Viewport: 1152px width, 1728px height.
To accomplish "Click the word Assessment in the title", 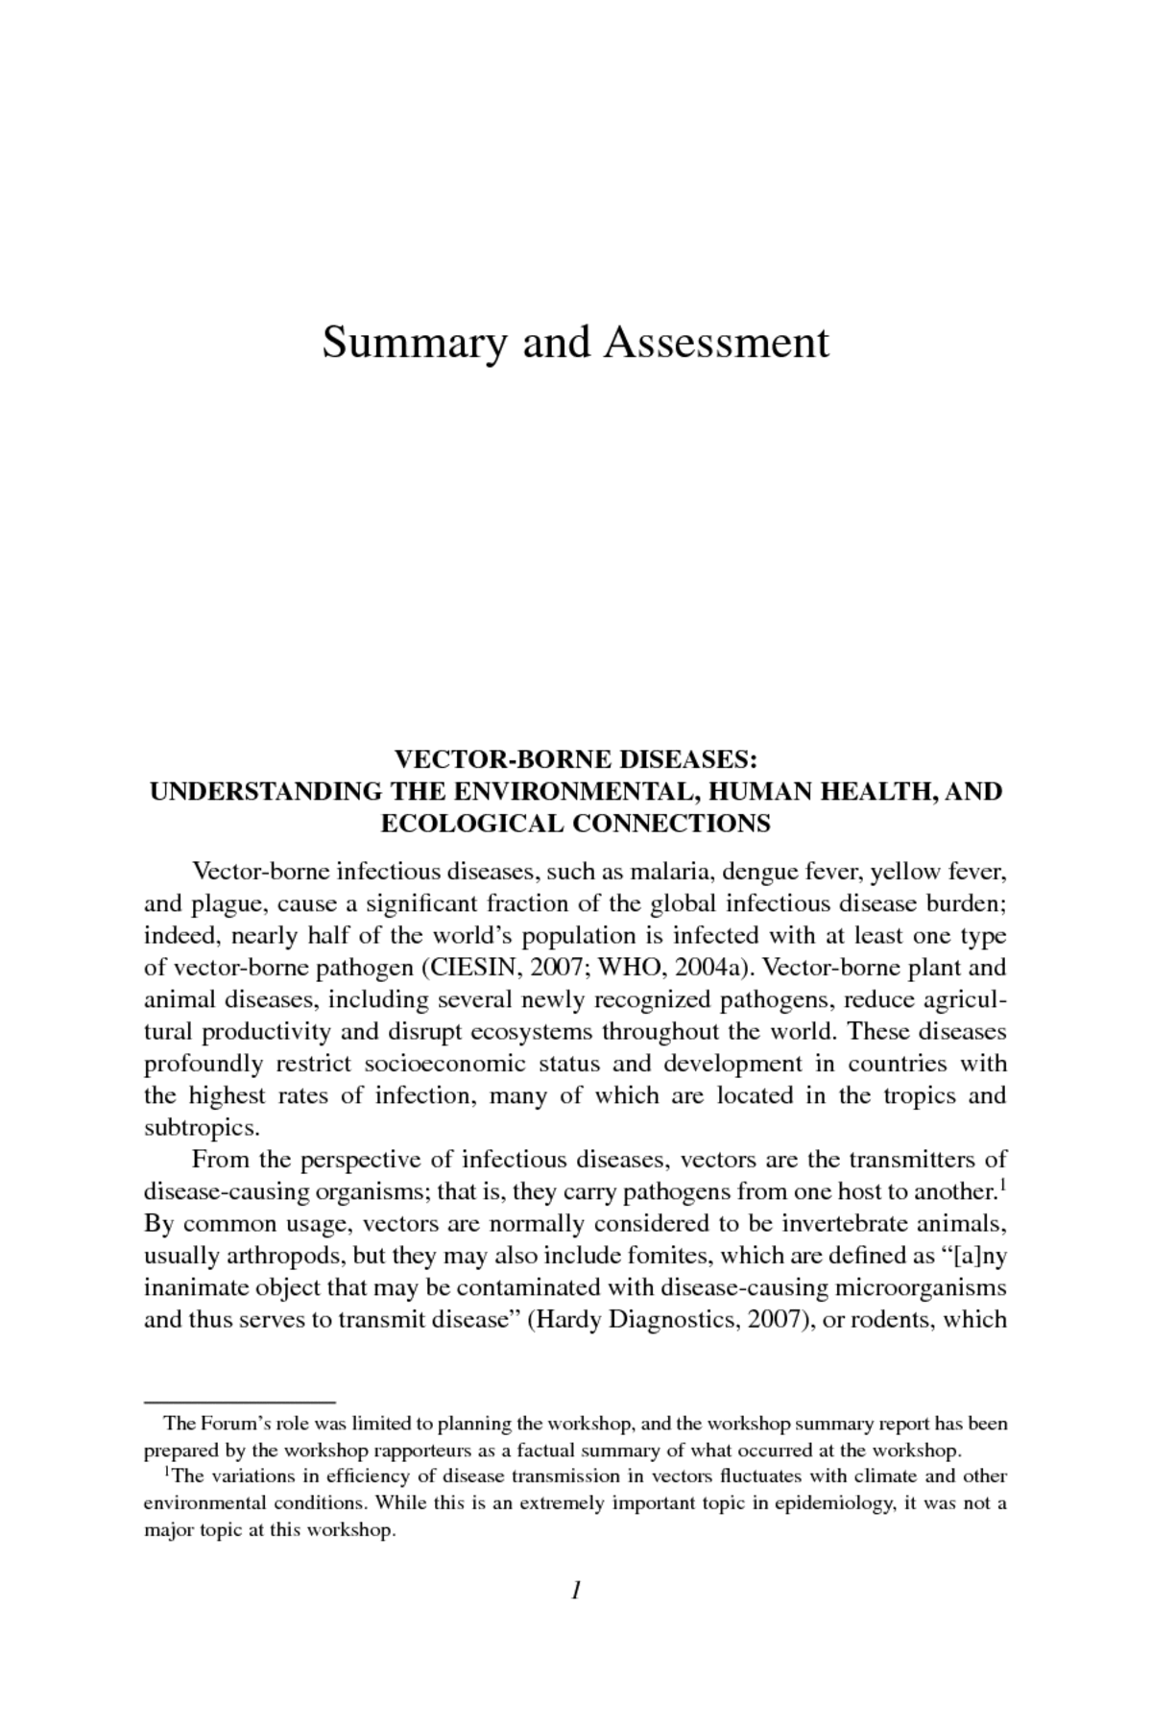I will pyautogui.click(x=715, y=343).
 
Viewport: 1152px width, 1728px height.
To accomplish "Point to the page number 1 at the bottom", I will pyautogui.click(x=576, y=1591).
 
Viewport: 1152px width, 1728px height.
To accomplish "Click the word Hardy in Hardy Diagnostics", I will pyautogui.click(x=565, y=1319).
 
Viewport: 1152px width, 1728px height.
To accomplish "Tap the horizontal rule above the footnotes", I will pyautogui.click(x=239, y=1403).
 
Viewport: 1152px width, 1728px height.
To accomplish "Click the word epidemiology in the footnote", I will pyautogui.click(x=838, y=1502).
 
